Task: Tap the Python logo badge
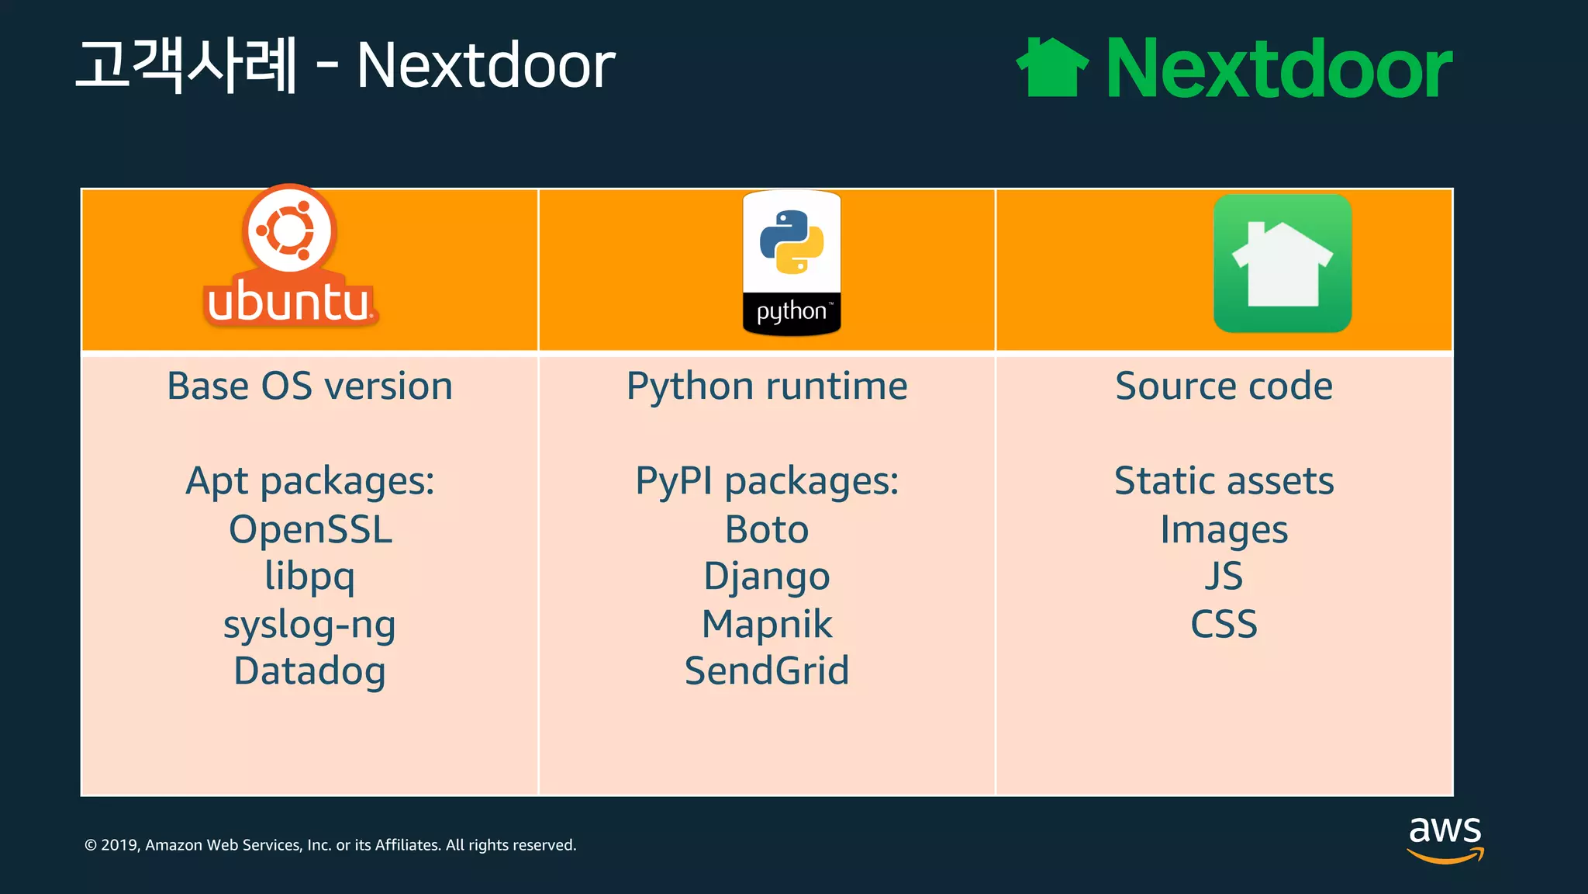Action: (791, 263)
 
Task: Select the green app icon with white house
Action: (1282, 264)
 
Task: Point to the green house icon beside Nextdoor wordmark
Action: (1052, 68)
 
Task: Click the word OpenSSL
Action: (310, 530)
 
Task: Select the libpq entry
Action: (309, 577)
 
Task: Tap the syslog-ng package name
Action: (309, 625)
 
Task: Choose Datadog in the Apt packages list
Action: (309, 671)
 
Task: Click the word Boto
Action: (767, 530)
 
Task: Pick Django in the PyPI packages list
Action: (767, 577)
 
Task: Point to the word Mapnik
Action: (767, 625)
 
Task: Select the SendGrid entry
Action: (767, 671)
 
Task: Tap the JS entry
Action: (1224, 577)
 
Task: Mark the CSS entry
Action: (1224, 625)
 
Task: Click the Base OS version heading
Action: (309, 386)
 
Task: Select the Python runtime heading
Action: (767, 386)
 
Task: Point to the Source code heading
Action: (1224, 386)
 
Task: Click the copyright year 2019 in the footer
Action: (119, 845)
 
